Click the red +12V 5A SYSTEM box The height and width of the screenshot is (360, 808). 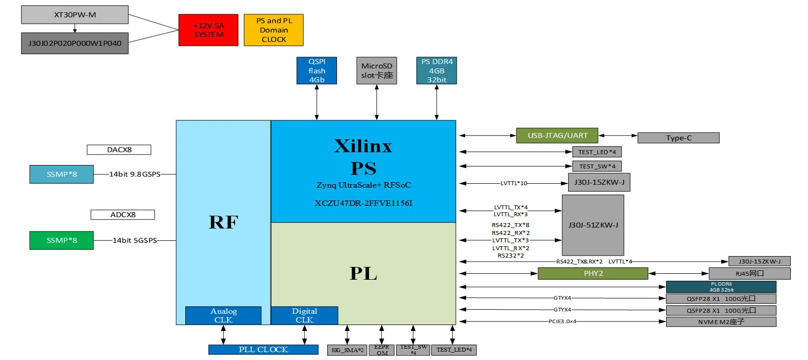(208, 30)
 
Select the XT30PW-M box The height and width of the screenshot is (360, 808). (75, 15)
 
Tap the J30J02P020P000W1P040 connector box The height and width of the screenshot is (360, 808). (75, 43)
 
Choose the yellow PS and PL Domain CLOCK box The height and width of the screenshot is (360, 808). (273, 30)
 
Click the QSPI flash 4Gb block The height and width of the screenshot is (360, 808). (317, 70)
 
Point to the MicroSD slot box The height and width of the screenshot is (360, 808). (376, 70)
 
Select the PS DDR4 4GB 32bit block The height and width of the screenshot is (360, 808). (437, 70)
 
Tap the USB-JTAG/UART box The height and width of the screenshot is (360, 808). (557, 135)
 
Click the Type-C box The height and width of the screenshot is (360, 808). (678, 138)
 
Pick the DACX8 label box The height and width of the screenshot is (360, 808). (119, 150)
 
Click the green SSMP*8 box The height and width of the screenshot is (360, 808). (62, 240)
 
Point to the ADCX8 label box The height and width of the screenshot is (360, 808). (123, 215)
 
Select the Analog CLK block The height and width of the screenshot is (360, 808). (223, 316)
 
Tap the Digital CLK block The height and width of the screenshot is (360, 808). (304, 316)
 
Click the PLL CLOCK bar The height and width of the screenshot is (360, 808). (263, 350)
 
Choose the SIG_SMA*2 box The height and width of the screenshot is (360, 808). (347, 350)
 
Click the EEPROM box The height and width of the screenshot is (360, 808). (382, 350)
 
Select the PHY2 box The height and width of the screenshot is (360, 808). (593, 273)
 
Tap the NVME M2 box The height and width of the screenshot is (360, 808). (721, 322)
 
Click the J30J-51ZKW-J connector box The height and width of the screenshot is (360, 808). (593, 225)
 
